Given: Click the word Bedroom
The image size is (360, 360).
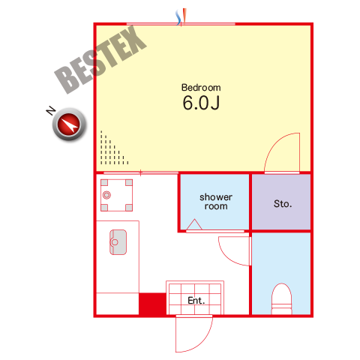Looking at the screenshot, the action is tap(201, 88).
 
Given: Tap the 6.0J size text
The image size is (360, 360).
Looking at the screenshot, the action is tap(201, 103).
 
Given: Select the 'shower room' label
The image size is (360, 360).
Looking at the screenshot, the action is tap(216, 202).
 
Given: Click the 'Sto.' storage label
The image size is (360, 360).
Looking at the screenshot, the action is tap(283, 204).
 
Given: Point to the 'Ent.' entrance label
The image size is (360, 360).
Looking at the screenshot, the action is tap(196, 301).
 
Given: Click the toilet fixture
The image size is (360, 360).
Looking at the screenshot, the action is tap(282, 298).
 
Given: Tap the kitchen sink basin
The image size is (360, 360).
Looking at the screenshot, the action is tap(118, 242).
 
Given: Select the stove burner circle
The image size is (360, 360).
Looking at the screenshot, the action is tap(106, 195).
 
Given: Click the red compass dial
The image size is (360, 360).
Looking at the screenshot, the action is tap(69, 124).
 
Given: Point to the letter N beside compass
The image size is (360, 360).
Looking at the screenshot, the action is tap(51, 110).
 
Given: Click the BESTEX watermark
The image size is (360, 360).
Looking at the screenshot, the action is tap(100, 60).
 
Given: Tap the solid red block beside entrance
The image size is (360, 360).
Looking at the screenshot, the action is tap(152, 304).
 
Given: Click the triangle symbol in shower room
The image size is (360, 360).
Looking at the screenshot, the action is tap(194, 224).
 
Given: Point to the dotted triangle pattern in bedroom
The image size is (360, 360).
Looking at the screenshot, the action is tap(112, 150).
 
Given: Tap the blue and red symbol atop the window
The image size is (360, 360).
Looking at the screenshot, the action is tap(181, 17).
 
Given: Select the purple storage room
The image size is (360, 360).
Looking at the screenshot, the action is tap(281, 202).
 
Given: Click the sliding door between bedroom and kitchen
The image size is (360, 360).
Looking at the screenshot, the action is tap(141, 172).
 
